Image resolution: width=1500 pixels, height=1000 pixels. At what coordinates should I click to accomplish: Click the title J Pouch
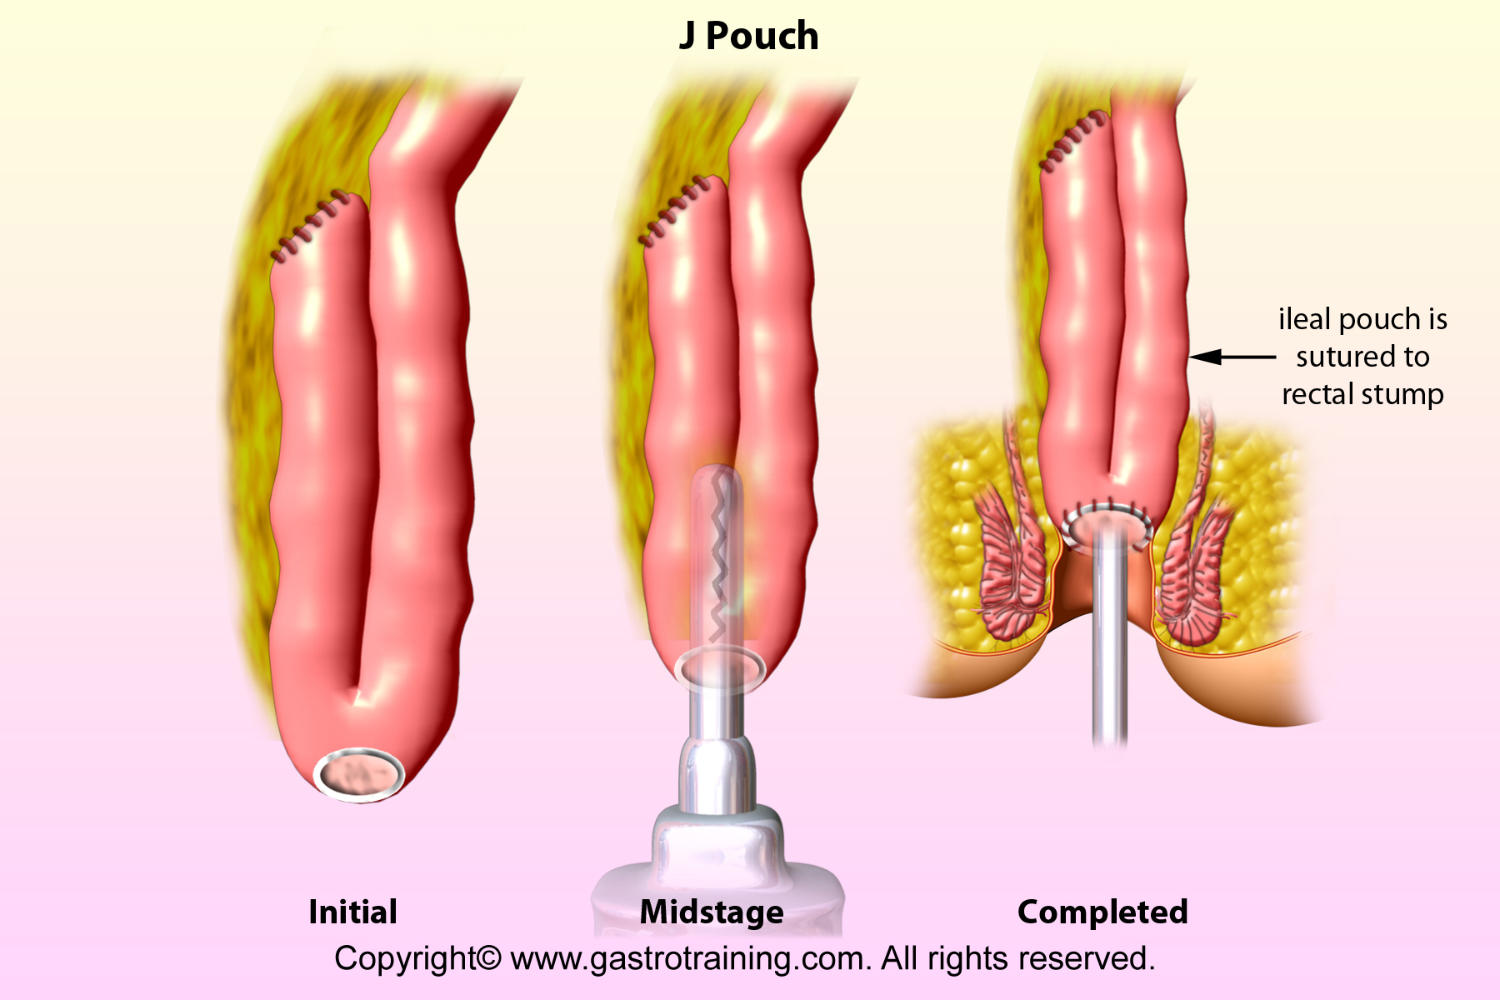click(748, 37)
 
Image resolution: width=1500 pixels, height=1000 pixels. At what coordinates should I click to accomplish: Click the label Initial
click(352, 912)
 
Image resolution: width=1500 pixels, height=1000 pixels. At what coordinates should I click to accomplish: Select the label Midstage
click(712, 912)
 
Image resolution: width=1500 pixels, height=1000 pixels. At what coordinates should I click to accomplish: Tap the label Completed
click(1102, 912)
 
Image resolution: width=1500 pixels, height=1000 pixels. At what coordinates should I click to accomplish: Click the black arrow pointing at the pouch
click(1232, 357)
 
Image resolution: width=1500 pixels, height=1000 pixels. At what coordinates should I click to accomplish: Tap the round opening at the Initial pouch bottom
click(359, 775)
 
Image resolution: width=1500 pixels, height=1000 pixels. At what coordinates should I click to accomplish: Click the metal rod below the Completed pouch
click(1110, 633)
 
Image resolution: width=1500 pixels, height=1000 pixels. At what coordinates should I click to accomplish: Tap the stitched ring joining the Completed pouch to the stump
click(1107, 525)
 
